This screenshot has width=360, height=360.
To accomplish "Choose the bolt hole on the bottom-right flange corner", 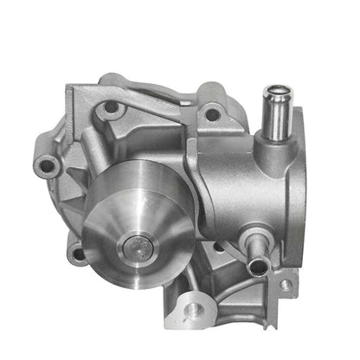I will (x=285, y=284).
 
